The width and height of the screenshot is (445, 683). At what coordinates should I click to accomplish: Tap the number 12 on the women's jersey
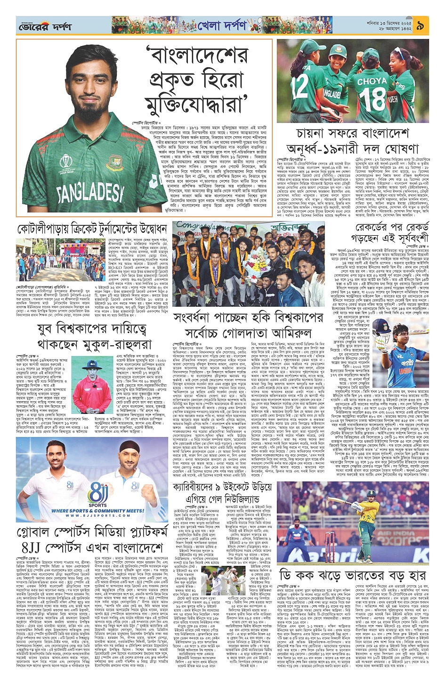(x=300, y=85)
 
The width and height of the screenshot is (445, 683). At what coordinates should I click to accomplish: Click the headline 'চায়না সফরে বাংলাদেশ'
(x=346, y=133)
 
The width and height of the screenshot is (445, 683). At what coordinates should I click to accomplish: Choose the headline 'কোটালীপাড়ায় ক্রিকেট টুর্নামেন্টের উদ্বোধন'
(x=92, y=229)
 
